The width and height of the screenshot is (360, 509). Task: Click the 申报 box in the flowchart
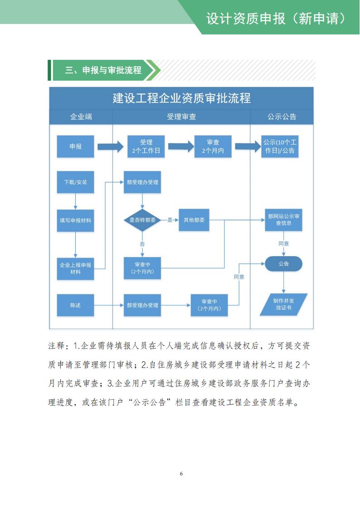pos(75,146)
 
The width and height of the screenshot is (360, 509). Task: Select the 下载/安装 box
pos(75,182)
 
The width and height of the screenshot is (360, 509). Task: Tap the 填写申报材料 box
pos(75,220)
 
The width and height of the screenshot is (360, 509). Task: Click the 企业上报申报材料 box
pos(75,268)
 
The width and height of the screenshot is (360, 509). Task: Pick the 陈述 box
pos(75,305)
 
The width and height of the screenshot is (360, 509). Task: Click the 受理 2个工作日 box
pos(146,146)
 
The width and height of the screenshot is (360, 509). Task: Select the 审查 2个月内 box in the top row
pos(213,146)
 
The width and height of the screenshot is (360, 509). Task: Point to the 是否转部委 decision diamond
pos(142,220)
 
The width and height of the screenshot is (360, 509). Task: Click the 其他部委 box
pos(194,220)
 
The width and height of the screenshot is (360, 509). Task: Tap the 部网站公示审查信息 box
pos(283,220)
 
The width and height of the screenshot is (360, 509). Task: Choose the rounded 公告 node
pos(283,263)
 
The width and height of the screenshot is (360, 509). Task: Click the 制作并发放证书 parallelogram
pos(283,304)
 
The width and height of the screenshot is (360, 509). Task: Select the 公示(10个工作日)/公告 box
pos(282,146)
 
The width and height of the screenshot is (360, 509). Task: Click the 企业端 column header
pos(81,117)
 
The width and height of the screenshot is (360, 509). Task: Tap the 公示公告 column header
pos(282,117)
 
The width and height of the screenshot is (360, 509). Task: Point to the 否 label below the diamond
pos(142,244)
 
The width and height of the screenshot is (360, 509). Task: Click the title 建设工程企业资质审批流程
pos(181,98)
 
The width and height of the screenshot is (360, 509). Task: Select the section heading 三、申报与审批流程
pos(103,70)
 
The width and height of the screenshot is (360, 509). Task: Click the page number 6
pos(181,474)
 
